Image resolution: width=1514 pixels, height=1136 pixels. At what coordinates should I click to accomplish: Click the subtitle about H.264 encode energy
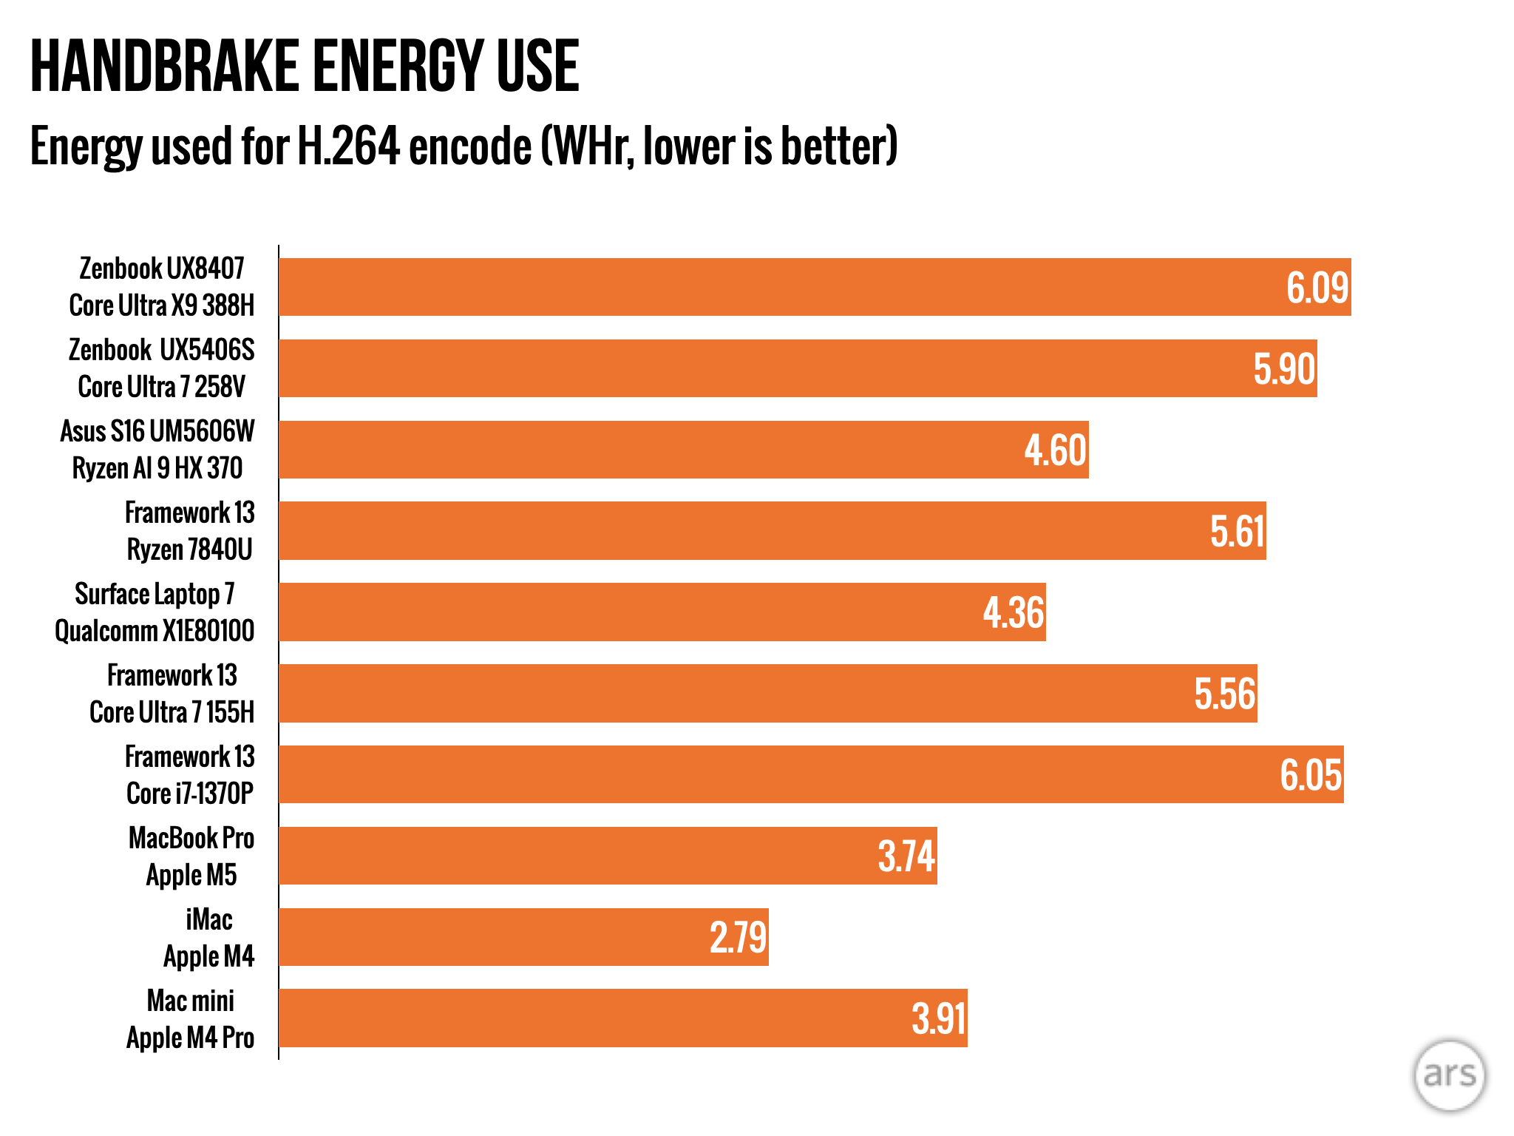(464, 146)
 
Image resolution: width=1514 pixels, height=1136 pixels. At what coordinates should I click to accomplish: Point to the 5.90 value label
(1284, 369)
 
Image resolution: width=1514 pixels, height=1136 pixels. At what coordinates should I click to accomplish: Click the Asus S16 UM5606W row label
(157, 449)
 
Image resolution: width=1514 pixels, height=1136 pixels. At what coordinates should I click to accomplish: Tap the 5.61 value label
(1238, 532)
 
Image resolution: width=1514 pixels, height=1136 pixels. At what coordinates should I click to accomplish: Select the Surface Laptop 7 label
(155, 612)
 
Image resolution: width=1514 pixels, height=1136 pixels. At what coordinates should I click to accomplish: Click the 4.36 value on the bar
(1014, 612)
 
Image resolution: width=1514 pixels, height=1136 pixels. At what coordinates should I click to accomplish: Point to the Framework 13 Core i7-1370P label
(190, 774)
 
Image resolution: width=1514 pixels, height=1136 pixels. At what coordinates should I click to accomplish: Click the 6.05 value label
(1311, 775)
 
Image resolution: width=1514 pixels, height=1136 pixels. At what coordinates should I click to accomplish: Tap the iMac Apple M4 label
(209, 937)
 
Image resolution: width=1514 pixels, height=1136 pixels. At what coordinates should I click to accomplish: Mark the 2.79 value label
(738, 938)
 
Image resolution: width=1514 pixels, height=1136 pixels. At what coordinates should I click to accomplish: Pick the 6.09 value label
(1317, 288)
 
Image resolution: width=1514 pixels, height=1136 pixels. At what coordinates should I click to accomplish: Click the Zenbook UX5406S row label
(162, 368)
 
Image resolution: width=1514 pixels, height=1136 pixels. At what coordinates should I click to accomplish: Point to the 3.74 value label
(906, 856)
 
